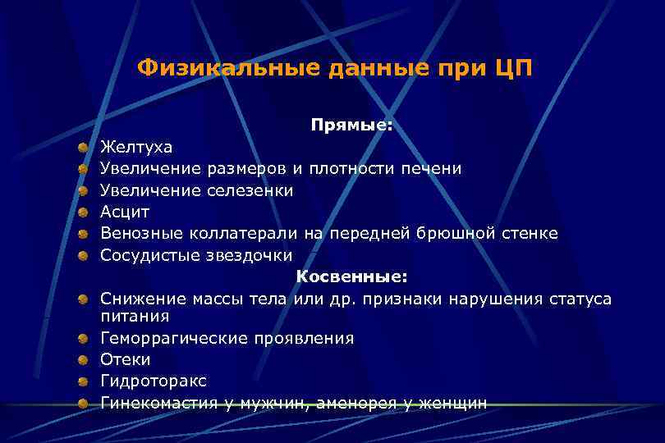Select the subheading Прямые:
point(351,126)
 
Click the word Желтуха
point(136,147)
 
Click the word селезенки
point(252,190)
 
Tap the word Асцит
point(125,212)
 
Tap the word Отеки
point(126,359)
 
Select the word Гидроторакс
point(154,381)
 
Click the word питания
point(135,316)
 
